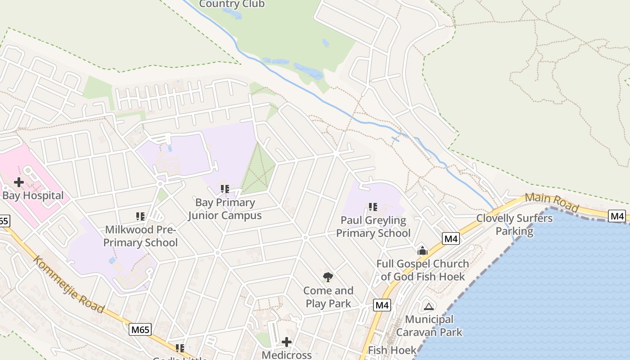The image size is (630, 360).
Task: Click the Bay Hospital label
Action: tap(33, 196)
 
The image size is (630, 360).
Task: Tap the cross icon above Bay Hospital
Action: tap(19, 182)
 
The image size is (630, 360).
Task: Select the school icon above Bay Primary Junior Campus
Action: tap(225, 189)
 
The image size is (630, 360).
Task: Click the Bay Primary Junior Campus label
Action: tap(225, 209)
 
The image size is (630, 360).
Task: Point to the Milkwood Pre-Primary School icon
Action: tap(140, 216)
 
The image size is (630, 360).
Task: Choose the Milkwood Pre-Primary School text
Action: tap(141, 236)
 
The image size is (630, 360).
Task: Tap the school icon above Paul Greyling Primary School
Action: tap(373, 207)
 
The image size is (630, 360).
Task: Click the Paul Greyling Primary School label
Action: tap(373, 227)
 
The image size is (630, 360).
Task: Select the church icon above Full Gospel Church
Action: tap(423, 251)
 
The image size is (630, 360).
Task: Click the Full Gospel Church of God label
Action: tap(423, 270)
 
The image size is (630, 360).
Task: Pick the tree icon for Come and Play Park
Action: tap(328, 277)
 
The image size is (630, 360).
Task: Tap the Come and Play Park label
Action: tap(328, 297)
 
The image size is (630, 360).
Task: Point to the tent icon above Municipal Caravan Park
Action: tap(429, 306)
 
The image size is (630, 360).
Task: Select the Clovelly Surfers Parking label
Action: tap(514, 225)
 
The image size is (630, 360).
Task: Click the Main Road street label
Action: tap(552, 203)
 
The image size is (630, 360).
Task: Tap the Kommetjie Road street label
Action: tap(68, 284)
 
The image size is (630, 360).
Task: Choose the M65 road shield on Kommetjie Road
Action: tap(140, 330)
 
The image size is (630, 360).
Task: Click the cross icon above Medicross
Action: tap(287, 342)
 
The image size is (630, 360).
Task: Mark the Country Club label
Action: tap(232, 4)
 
